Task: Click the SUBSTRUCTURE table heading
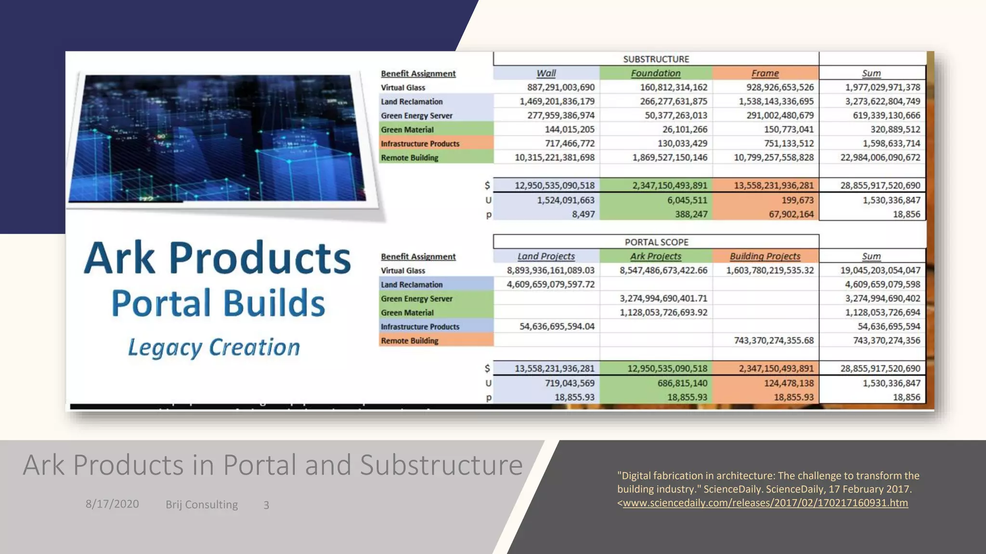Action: [x=656, y=59]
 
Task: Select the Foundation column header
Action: [x=656, y=73]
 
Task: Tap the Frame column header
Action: [x=765, y=73]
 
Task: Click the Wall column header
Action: [x=546, y=73]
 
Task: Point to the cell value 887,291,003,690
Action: [x=560, y=88]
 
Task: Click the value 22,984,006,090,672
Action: [x=880, y=157]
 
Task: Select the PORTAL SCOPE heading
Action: [x=656, y=242]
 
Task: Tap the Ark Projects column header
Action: [x=656, y=256]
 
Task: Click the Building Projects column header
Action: [x=765, y=256]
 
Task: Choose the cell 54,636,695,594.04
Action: [x=557, y=327]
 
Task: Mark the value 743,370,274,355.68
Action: [x=773, y=340]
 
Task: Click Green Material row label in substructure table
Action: [x=407, y=129]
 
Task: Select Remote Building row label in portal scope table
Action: [x=410, y=340]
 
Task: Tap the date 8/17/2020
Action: [x=112, y=504]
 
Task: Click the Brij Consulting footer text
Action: [x=202, y=504]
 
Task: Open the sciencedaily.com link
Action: [x=765, y=503]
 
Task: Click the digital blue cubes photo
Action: [x=217, y=138]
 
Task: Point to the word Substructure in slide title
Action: [x=441, y=465]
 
